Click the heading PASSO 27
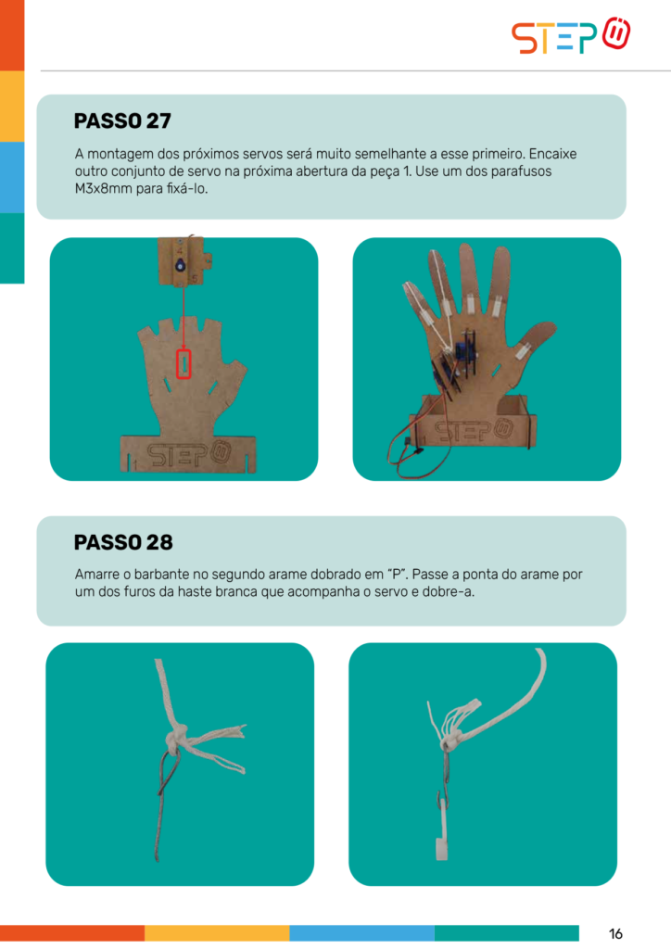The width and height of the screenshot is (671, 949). click(122, 121)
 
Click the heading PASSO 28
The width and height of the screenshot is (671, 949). click(123, 542)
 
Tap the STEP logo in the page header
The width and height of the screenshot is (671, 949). click(571, 36)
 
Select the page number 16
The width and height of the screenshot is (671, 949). click(615, 933)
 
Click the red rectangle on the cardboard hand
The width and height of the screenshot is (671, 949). click(184, 364)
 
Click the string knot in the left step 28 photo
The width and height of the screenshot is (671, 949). click(177, 740)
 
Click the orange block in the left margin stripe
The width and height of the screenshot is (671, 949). click(12, 35)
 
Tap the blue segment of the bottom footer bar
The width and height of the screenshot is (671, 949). click(361, 932)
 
